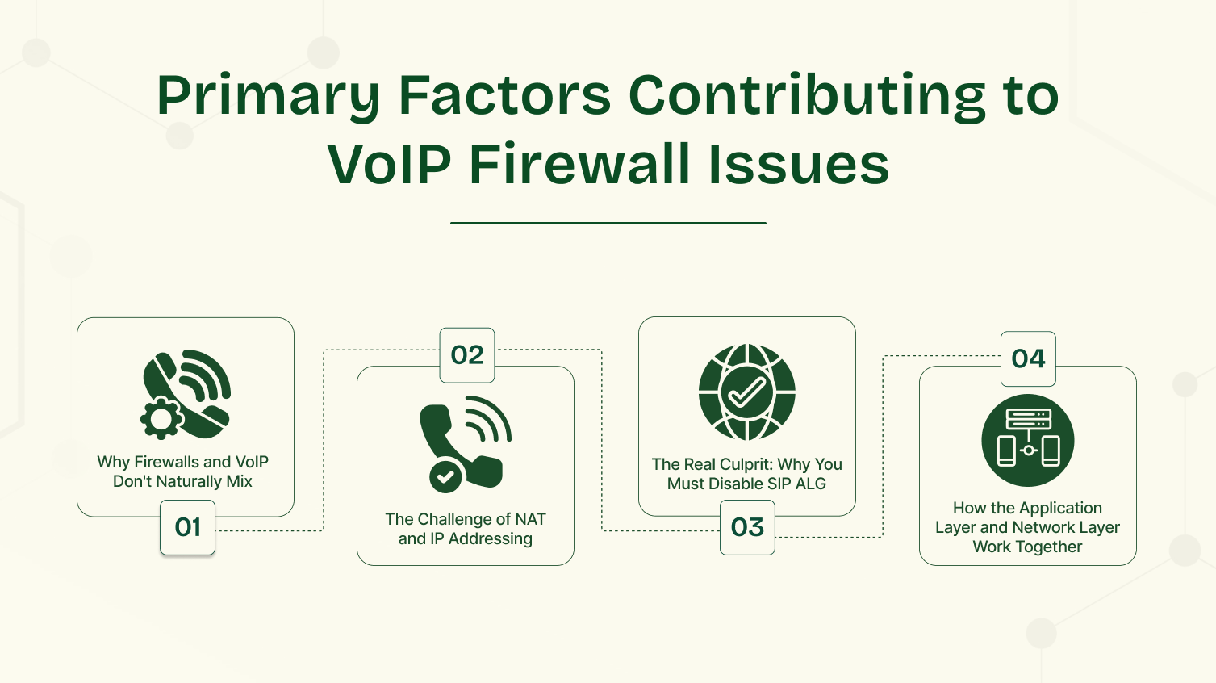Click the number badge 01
click(187, 527)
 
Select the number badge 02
click(467, 355)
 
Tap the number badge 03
click(747, 527)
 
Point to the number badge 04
click(1028, 358)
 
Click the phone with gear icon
click(186, 394)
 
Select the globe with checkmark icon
click(747, 392)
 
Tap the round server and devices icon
click(1028, 440)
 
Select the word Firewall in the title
click(580, 165)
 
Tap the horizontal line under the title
click(608, 223)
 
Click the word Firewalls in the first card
click(166, 462)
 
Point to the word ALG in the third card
click(810, 484)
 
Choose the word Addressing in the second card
click(490, 538)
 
